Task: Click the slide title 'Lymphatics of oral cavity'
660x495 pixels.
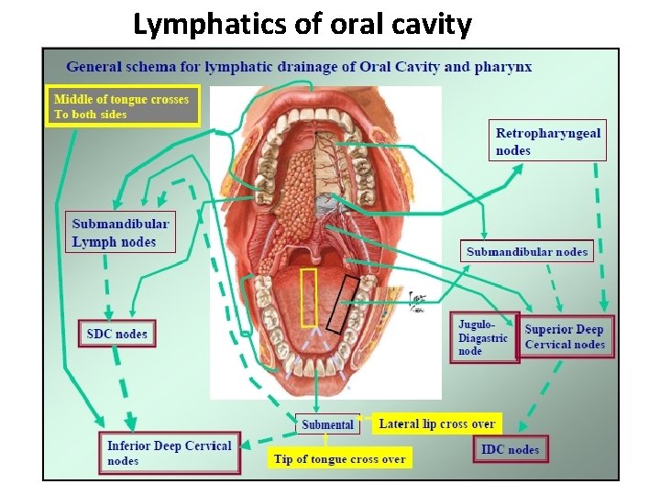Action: [x=302, y=24]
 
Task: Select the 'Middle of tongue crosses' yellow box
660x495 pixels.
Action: [x=123, y=106]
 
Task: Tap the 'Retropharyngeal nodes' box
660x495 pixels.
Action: [x=548, y=141]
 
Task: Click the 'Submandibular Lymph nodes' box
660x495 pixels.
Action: [x=121, y=233]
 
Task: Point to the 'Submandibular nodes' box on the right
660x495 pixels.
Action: [x=527, y=251]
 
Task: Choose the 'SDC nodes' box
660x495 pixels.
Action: [x=116, y=334]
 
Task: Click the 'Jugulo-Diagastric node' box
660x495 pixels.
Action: [x=483, y=337]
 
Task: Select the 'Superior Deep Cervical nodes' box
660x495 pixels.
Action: [x=565, y=336]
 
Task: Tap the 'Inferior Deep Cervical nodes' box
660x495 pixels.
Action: [x=170, y=453]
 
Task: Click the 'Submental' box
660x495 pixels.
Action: [x=327, y=424]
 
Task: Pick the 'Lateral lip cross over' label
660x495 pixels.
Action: [x=437, y=423]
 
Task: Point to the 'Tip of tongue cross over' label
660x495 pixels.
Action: [x=339, y=458]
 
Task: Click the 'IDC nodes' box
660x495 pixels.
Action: [x=511, y=449]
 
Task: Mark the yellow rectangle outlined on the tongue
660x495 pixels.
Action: [x=309, y=298]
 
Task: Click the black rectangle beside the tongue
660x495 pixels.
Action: [x=345, y=302]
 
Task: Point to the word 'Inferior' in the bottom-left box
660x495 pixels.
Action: [x=129, y=445]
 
